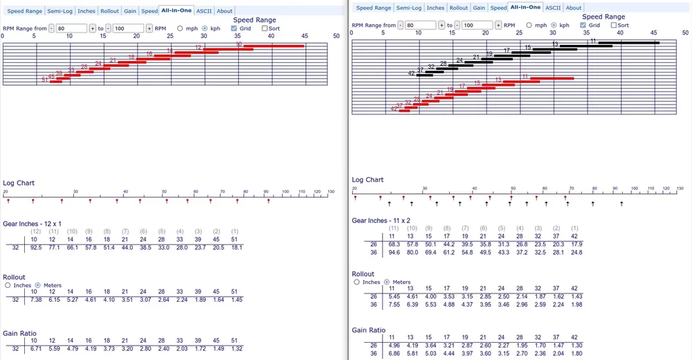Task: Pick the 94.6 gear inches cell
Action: tap(394, 253)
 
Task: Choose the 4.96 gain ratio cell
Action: tap(394, 344)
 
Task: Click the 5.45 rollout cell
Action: tap(394, 296)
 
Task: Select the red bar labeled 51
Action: tap(56, 82)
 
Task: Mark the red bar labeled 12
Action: tap(228, 50)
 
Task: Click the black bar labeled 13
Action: tap(585, 46)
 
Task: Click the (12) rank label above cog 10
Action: tap(33, 231)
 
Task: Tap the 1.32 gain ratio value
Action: tap(236, 349)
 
